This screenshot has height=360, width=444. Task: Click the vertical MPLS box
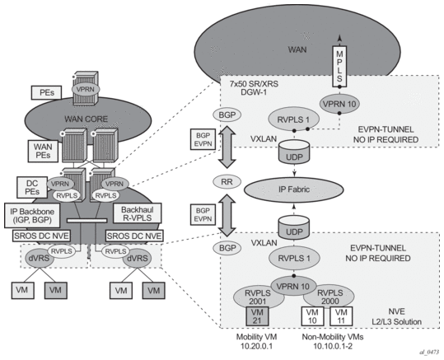coord(339,66)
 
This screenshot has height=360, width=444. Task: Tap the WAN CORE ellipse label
coord(86,119)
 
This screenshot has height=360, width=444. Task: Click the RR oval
coord(227,181)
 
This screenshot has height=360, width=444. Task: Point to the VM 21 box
coord(257,316)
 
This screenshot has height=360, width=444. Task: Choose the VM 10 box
coord(312,316)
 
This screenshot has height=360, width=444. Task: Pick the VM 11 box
coord(341,316)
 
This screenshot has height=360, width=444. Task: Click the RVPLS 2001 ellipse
coord(258,297)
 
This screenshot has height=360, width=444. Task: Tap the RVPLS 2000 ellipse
coord(329,297)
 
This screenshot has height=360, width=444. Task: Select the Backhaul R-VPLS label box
coord(138,213)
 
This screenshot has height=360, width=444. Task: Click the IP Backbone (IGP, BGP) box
coord(32,215)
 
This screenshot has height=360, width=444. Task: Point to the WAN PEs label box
coord(43,151)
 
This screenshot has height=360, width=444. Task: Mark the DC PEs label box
coord(32,187)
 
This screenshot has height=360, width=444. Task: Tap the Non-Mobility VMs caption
coord(333,337)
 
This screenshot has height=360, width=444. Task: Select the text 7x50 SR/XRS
coord(254,84)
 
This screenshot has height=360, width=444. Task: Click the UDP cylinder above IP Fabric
coord(294,152)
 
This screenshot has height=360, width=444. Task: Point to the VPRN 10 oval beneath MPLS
coord(339,104)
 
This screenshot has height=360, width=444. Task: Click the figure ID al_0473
coord(429,352)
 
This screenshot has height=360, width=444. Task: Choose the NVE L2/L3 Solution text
coord(396,316)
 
